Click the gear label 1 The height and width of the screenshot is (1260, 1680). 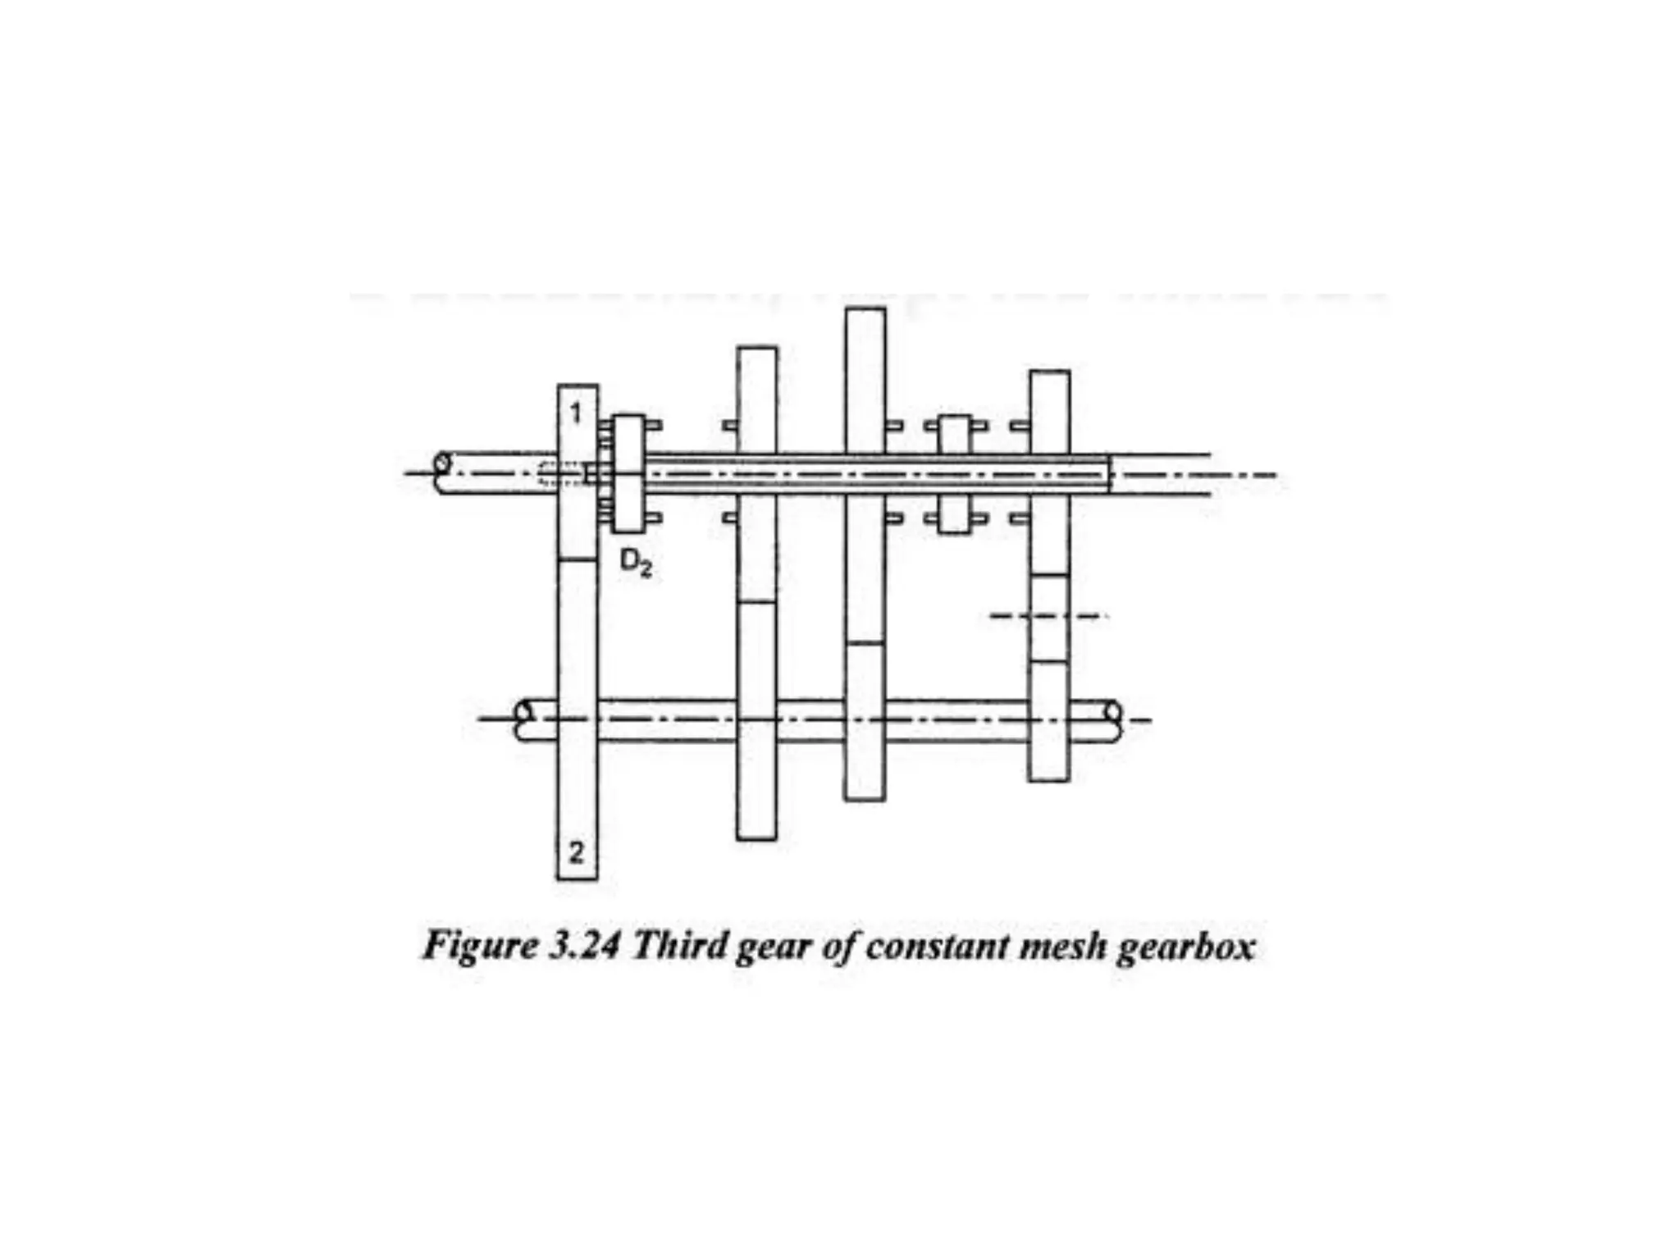(x=576, y=413)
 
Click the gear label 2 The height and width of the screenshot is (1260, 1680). (x=576, y=852)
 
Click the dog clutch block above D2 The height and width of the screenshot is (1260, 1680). (x=629, y=473)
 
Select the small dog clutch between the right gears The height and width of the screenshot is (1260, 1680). (x=954, y=474)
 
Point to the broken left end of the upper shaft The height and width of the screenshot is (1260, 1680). (x=442, y=472)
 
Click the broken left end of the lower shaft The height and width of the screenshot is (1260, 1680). (x=525, y=719)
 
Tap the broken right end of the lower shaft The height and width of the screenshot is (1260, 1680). (x=1113, y=719)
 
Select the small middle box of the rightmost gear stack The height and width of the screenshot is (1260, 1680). (x=1049, y=618)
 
